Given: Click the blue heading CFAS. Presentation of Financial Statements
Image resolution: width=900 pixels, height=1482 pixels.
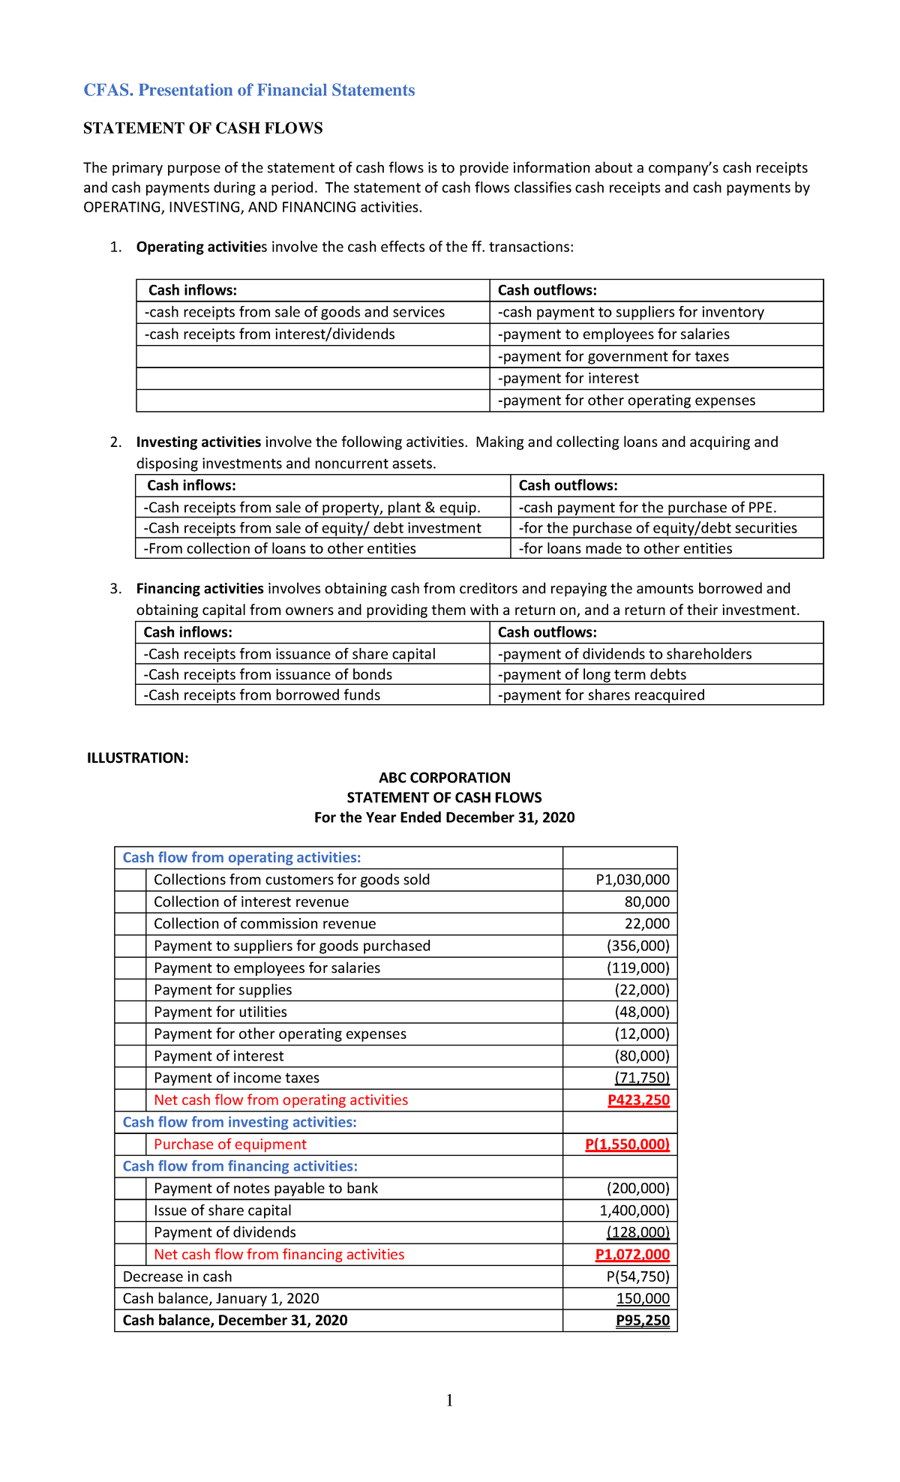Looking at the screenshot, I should coord(249,90).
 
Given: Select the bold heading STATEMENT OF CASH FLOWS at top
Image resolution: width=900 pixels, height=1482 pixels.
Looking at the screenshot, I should coord(202,128).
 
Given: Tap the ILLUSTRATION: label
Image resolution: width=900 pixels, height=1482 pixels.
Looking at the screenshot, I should coord(138,757).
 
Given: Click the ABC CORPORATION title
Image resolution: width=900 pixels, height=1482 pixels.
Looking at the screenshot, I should coord(444,778).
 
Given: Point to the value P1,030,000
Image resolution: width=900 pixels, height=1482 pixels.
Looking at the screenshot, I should coord(632,880).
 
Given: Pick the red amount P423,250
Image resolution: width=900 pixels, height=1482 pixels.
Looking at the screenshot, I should coord(638,1100).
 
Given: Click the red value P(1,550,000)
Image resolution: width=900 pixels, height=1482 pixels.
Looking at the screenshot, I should coord(627,1144).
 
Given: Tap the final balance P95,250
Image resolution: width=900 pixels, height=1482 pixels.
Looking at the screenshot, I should coord(642,1320).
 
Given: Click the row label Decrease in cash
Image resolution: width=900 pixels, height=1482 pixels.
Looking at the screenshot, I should coord(177,1276).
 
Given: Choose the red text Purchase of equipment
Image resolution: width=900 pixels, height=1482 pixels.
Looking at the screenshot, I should coord(230,1144).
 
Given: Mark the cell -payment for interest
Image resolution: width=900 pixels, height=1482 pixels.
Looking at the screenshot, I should coord(568,379).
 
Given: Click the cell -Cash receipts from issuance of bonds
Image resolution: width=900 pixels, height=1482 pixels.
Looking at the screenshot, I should coord(268,675).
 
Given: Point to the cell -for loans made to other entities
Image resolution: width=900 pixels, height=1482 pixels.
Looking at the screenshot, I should coord(625,549).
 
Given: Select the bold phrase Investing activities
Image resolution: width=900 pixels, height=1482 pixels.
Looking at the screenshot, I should coord(199,442).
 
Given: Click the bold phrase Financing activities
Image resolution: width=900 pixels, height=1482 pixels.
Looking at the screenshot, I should coord(199,589).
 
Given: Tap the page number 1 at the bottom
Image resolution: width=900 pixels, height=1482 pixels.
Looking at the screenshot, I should coord(449,1400).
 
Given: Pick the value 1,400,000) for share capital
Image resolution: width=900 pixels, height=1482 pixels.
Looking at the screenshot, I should coord(634,1210).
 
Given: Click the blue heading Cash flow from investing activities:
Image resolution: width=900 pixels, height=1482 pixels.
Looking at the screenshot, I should coord(239,1122).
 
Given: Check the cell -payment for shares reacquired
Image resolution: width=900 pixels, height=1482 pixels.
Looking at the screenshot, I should coord(601,695).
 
